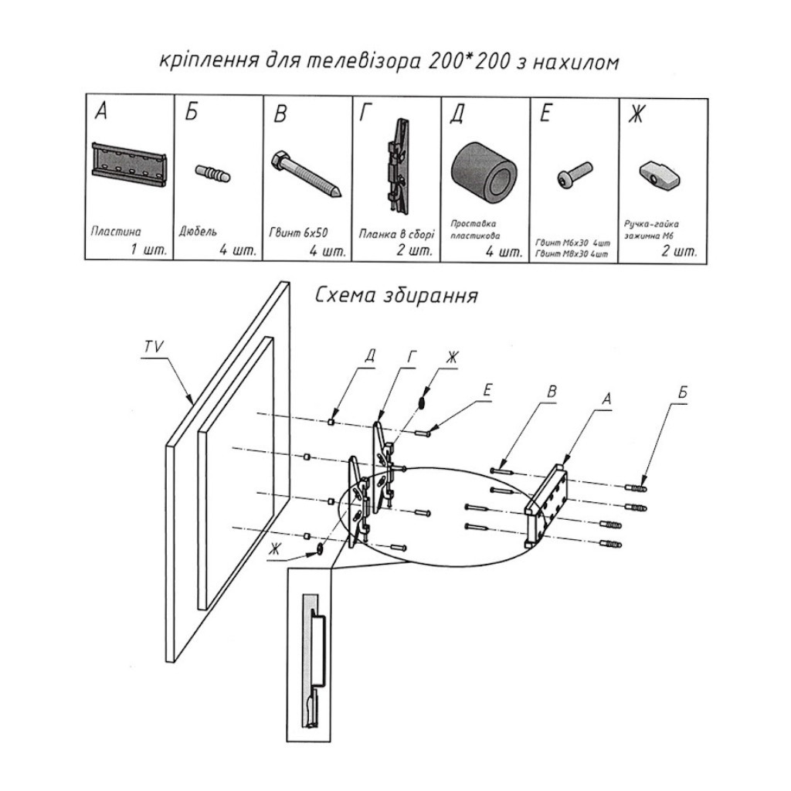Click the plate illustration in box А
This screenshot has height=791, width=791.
pos(129,164)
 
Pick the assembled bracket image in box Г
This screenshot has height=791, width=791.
pos(398,166)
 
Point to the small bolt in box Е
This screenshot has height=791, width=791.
pos(575,175)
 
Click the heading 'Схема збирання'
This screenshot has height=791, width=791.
pos(396,297)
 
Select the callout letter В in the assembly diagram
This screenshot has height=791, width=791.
pos(552,392)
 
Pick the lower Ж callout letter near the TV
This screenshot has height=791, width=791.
pos(275,549)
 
